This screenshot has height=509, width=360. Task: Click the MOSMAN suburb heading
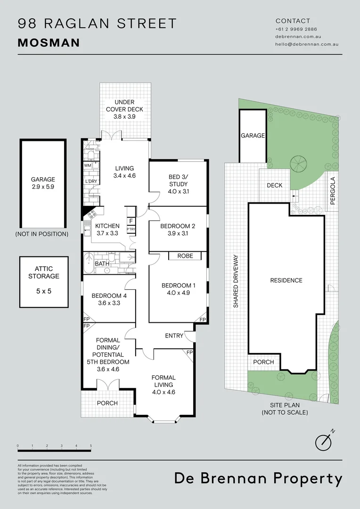coord(49,43)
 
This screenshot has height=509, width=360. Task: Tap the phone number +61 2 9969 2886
coord(296,29)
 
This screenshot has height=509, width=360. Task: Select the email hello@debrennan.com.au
coord(307,44)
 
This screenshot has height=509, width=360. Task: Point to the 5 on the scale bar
coord(90,445)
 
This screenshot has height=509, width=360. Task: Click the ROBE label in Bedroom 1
coord(185,256)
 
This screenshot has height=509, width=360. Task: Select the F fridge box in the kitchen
coord(131,221)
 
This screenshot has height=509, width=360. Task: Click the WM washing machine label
coord(88,165)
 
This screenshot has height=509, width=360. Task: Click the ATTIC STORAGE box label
coord(43,272)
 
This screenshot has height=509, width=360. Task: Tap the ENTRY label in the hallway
coord(174,336)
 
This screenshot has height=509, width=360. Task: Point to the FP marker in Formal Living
coord(189,353)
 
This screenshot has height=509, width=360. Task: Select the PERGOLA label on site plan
coord(333,190)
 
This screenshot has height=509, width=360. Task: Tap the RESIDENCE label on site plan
coord(286,280)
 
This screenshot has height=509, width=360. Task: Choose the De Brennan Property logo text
coord(258,478)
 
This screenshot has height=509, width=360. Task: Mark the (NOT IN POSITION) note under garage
coord(41,234)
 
